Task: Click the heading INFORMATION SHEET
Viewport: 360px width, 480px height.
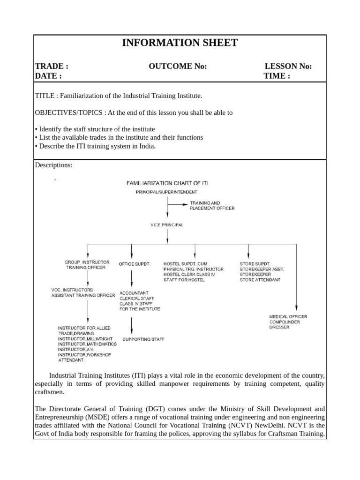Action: point(180,43)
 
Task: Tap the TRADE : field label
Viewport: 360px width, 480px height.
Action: point(52,66)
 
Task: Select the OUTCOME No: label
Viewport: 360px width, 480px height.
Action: point(178,66)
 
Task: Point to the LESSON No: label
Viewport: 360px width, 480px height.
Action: point(288,66)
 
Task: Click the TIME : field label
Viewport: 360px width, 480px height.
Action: point(277,76)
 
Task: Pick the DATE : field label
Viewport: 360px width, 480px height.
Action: point(48,76)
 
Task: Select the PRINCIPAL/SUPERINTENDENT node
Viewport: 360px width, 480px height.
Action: point(167,192)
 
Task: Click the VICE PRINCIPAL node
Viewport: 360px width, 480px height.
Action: point(167,225)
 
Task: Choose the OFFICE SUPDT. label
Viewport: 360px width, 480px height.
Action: point(135,264)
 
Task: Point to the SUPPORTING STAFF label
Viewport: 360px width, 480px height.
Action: point(143,338)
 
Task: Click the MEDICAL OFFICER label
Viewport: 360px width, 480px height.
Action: point(288,316)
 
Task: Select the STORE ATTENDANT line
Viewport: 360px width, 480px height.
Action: point(260,280)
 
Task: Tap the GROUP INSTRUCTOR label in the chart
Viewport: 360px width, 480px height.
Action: point(87,262)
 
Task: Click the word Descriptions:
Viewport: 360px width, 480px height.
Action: point(54,165)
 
